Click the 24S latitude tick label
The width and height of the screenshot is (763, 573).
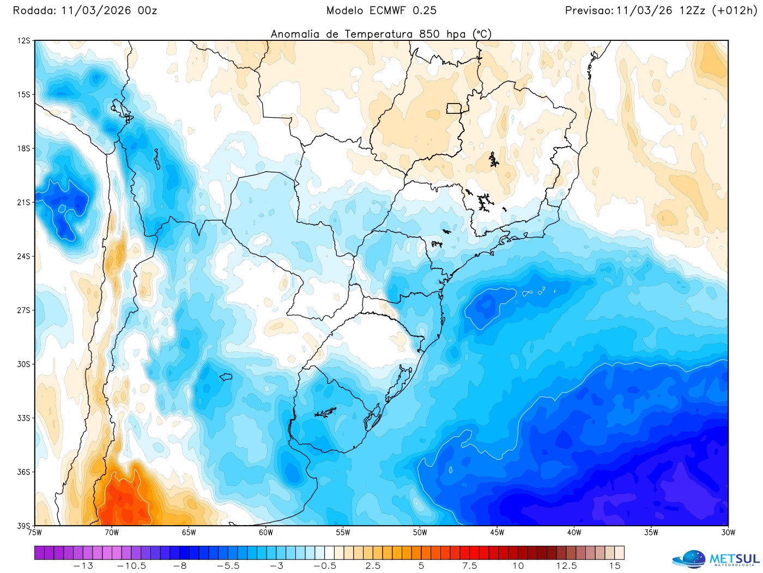tap(23, 257)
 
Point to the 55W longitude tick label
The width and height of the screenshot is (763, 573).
tap(343, 533)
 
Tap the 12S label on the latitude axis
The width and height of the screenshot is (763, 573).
tap(23, 41)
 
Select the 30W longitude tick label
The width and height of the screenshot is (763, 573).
tap(728, 533)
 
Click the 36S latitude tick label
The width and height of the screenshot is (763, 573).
tap(23, 472)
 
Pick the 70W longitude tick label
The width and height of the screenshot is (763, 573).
tap(112, 533)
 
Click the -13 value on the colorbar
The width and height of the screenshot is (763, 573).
tap(83, 566)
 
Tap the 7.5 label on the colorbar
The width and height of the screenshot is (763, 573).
tap(470, 566)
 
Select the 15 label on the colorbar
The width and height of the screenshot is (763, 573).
tap(615, 566)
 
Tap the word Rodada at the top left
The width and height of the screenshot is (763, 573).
tap(34, 10)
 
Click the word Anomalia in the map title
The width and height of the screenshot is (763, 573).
tap(295, 34)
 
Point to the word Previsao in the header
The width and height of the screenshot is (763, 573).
tap(589, 10)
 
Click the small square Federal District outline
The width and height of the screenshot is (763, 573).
tap(453, 108)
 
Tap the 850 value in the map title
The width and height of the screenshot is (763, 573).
tap(429, 34)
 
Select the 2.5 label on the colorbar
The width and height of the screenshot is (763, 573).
tap(373, 566)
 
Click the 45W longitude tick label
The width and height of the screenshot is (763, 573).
tap(497, 533)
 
